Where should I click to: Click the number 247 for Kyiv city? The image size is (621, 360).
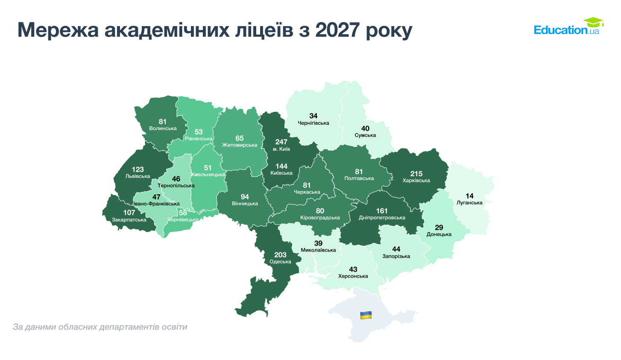pyautogui.click(x=281, y=142)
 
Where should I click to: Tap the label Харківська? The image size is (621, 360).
pyautogui.click(x=416, y=181)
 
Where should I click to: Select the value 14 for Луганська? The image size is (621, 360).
pyautogui.click(x=469, y=196)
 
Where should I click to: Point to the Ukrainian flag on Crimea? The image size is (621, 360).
pyautogui.click(x=366, y=315)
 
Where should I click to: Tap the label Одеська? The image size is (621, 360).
pyautogui.click(x=280, y=262)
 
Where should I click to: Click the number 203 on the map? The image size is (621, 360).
pyautogui.click(x=280, y=255)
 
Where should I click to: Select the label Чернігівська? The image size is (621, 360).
pyautogui.click(x=313, y=123)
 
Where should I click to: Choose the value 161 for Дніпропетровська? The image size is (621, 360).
pyautogui.click(x=382, y=211)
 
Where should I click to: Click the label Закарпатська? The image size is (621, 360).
pyautogui.click(x=129, y=220)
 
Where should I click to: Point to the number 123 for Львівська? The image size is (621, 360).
pyautogui.click(x=138, y=170)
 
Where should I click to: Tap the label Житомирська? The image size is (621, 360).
pyautogui.click(x=240, y=145)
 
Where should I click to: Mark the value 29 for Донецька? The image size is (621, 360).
pyautogui.click(x=439, y=228)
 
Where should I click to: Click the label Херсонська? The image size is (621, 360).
pyautogui.click(x=353, y=276)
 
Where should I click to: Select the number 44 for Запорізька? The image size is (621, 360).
pyautogui.click(x=396, y=249)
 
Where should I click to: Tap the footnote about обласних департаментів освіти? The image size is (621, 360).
pyautogui.click(x=100, y=327)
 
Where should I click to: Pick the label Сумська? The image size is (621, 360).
pyautogui.click(x=365, y=135)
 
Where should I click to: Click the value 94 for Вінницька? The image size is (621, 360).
pyautogui.click(x=245, y=197)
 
